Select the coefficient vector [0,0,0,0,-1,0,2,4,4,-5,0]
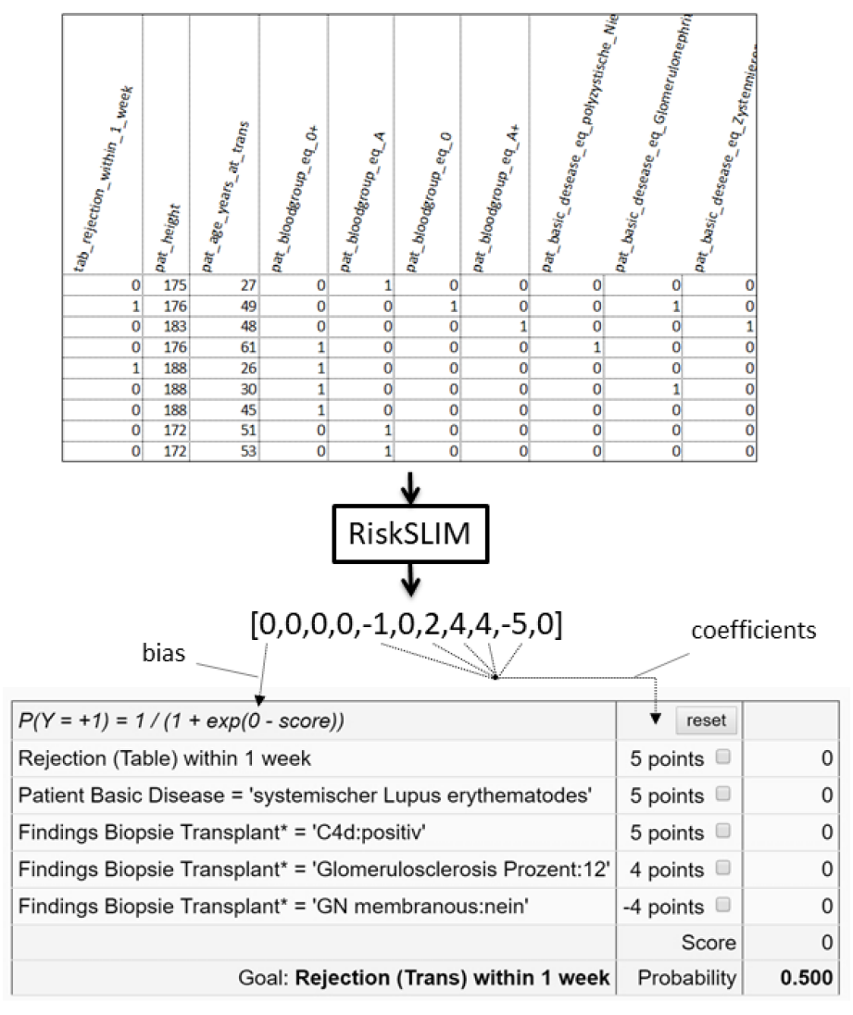tap(407, 624)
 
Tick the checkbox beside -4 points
tap(723, 905)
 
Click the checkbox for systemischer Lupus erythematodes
tap(723, 795)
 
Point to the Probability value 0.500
tap(809, 978)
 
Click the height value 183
tap(172, 326)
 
